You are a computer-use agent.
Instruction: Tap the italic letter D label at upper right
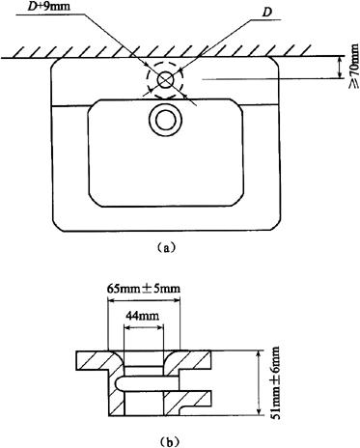tap(266, 13)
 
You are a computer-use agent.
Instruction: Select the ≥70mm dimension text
tap(353, 66)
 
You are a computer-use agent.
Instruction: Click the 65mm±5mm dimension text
tap(144, 288)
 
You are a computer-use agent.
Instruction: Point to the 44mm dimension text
tap(143, 316)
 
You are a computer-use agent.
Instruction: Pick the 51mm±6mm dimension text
tap(276, 383)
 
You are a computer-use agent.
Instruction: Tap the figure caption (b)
tap(167, 441)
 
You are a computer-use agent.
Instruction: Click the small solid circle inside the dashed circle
tap(165, 80)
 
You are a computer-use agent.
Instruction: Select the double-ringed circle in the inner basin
tap(166, 120)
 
